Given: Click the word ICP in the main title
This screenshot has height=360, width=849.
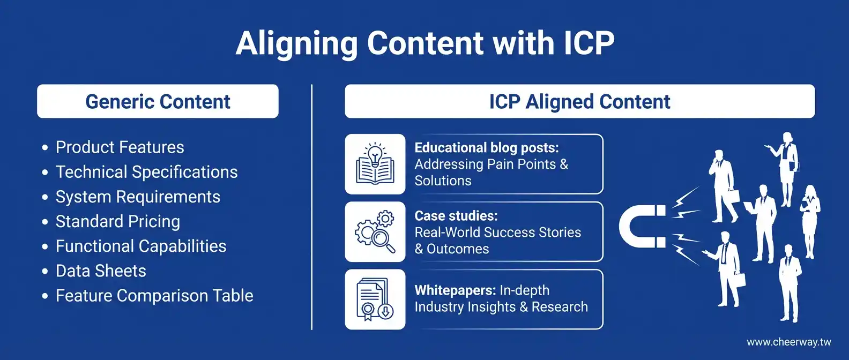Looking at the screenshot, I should (589, 43).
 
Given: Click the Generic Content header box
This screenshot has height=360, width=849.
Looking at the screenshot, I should (158, 101).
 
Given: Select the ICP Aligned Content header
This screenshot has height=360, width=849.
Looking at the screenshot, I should (579, 101).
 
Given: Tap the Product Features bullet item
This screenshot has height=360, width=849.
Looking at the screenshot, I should (120, 147).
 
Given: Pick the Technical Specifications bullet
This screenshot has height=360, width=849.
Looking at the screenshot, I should (146, 172).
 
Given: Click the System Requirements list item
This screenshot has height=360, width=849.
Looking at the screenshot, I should (138, 197).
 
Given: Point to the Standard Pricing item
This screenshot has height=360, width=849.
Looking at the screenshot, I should (117, 221).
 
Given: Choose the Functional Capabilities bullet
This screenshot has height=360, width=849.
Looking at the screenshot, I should (141, 246).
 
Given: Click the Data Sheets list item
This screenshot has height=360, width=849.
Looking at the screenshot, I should (101, 271).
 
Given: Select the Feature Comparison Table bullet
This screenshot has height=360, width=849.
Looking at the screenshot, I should (154, 295).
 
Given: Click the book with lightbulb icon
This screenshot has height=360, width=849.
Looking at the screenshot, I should (375, 164).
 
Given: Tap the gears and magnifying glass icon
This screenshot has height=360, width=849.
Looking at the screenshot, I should (375, 232).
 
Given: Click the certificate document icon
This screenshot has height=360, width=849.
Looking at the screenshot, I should (375, 299).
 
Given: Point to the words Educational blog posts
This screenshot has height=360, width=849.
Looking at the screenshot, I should (486, 148).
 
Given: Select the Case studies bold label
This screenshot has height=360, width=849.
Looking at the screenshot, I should (456, 216).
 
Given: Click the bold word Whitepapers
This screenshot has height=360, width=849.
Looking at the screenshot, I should (455, 290).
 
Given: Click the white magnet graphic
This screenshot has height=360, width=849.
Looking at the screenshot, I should (641, 227).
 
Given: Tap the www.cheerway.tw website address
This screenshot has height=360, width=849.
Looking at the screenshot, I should (788, 342).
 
